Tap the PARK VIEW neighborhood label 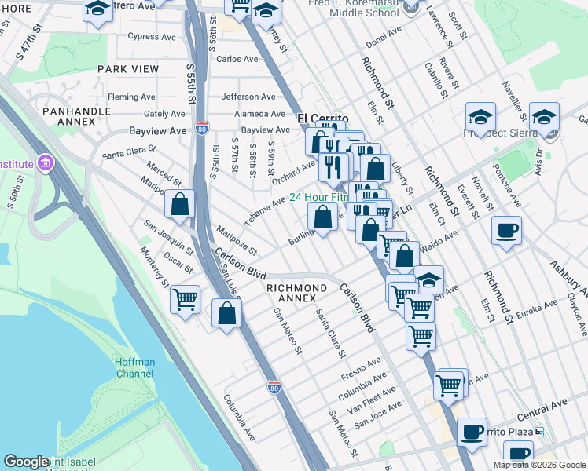pyautogui.click(x=128, y=69)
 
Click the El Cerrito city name pyautogui.click(x=322, y=119)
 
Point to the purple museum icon pyautogui.click(x=46, y=163)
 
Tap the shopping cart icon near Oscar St pyautogui.click(x=185, y=299)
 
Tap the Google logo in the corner pyautogui.click(x=26, y=462)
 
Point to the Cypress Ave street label pyautogui.click(x=152, y=36)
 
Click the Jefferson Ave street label pyautogui.click(x=248, y=97)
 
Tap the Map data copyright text pyautogui.click(x=539, y=465)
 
